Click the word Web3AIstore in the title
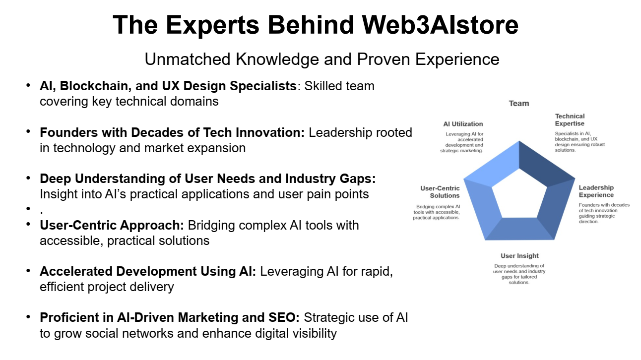[x=440, y=25]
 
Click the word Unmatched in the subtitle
[x=188, y=59]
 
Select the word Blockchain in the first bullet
[x=96, y=86]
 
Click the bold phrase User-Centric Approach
[x=112, y=225]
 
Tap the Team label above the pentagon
[x=519, y=104]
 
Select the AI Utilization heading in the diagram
[x=463, y=124]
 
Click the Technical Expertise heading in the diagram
[x=570, y=120]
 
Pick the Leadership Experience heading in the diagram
[x=596, y=191]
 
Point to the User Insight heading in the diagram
[x=519, y=256]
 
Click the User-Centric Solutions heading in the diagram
[x=440, y=192]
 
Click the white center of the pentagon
[x=519, y=196]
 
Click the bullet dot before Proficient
[x=28, y=317]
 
